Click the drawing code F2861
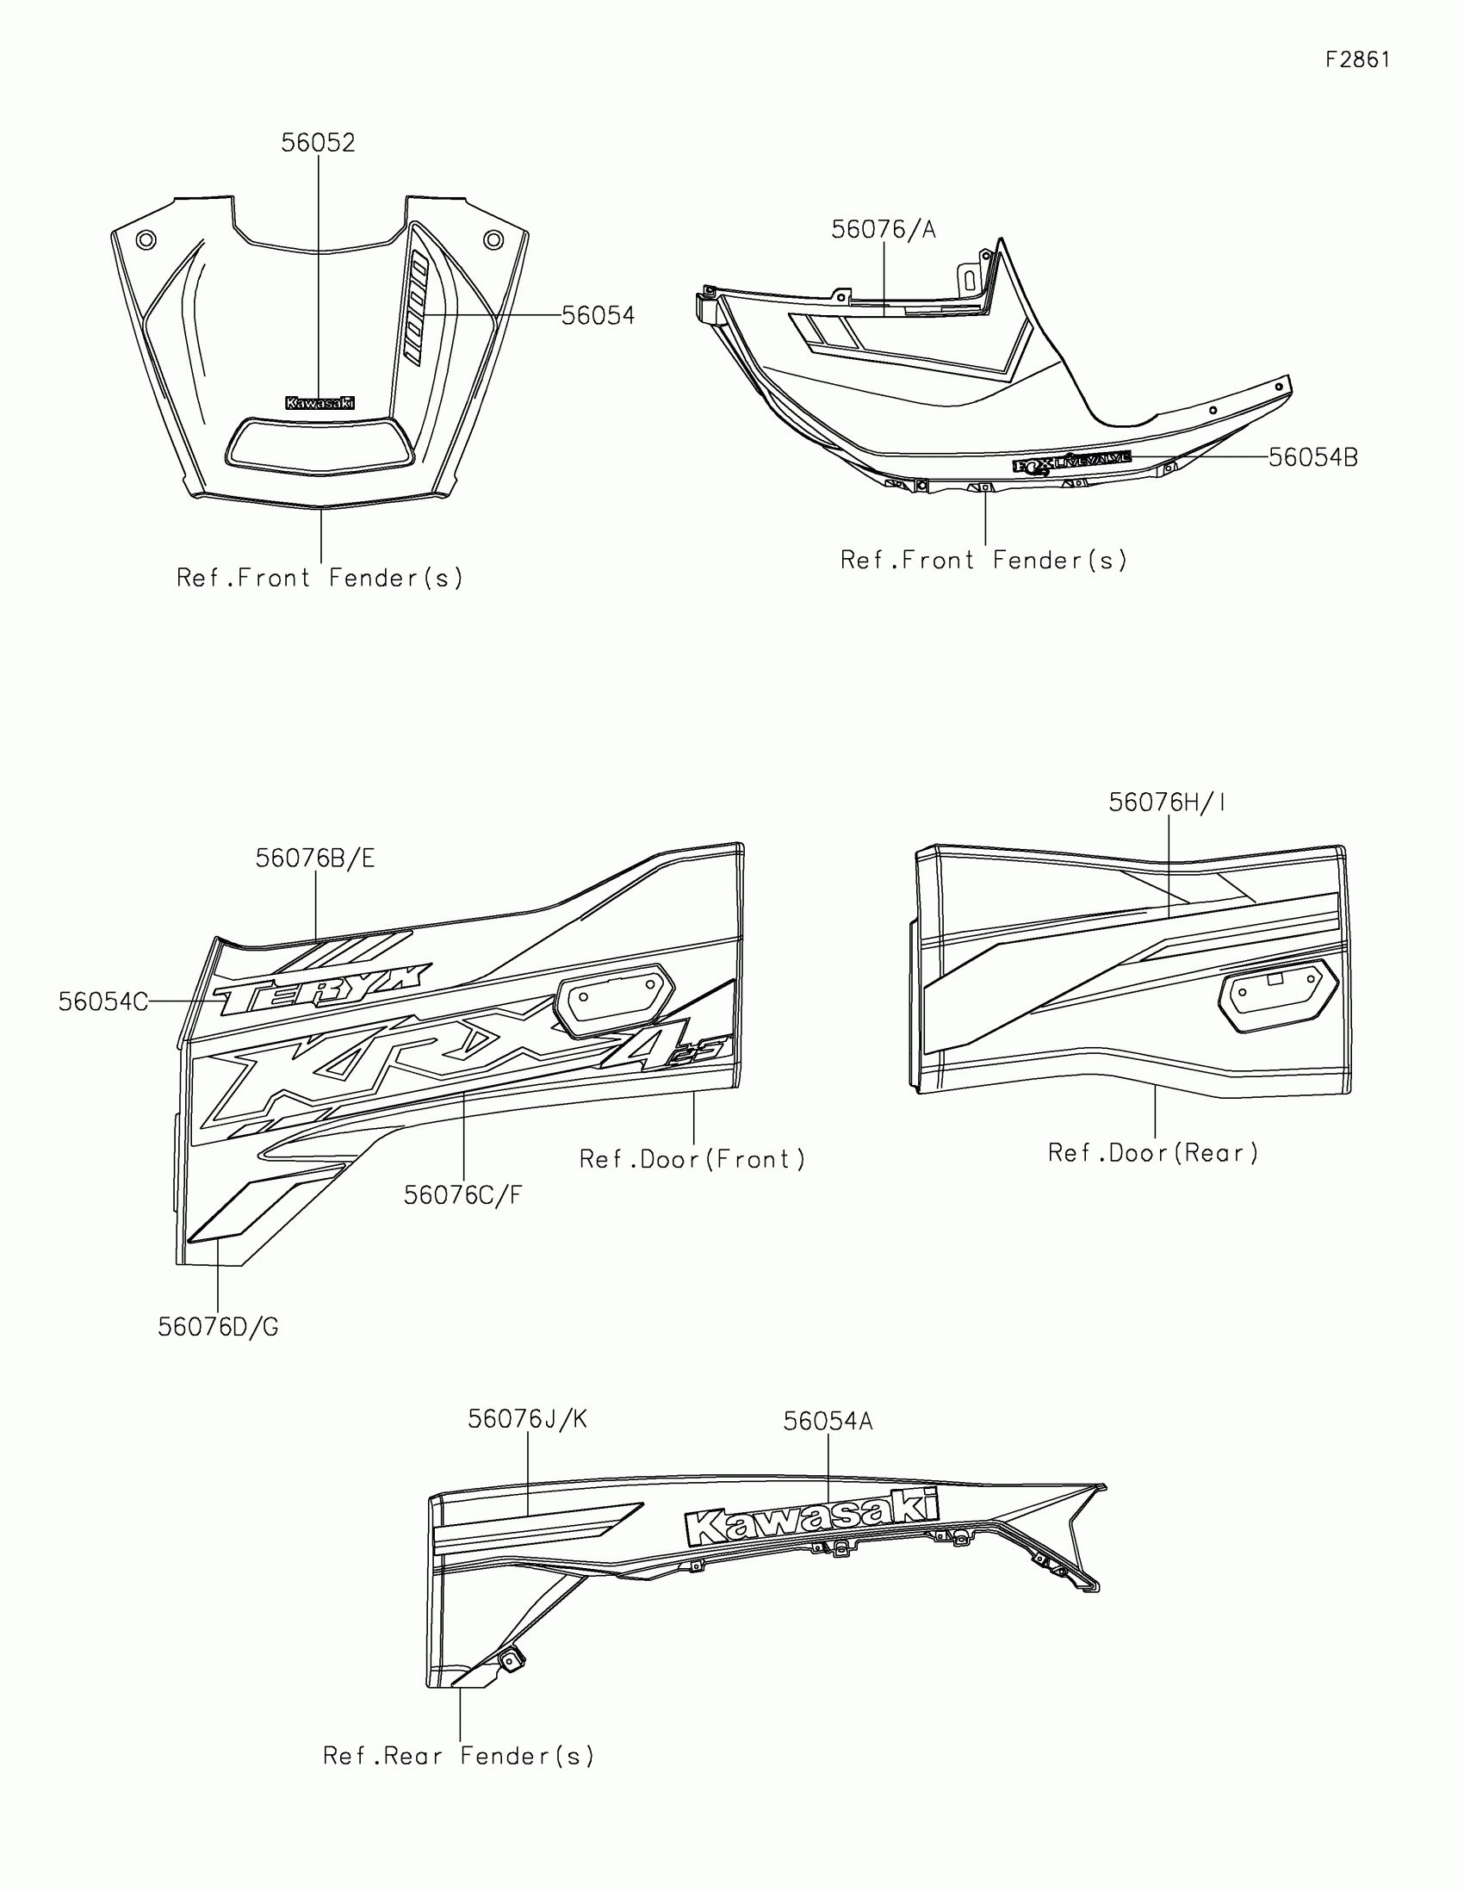pyautogui.click(x=1357, y=59)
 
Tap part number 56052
pyautogui.click(x=318, y=143)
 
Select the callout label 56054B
pyautogui.click(x=1312, y=457)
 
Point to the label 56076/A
pyautogui.click(x=883, y=229)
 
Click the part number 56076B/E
pyautogui.click(x=314, y=858)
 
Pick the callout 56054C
pyautogui.click(x=103, y=1001)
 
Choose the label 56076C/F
pyautogui.click(x=463, y=1195)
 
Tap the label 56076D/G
pyautogui.click(x=218, y=1326)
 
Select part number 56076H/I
pyautogui.click(x=1167, y=803)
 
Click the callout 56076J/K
pyautogui.click(x=527, y=1419)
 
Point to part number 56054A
pyautogui.click(x=828, y=1421)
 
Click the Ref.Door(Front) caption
pyautogui.click(x=692, y=1158)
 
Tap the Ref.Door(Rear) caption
pyautogui.click(x=1153, y=1152)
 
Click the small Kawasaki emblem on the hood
pyautogui.click(x=319, y=403)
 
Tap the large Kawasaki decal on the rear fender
pyautogui.click(x=811, y=1517)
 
